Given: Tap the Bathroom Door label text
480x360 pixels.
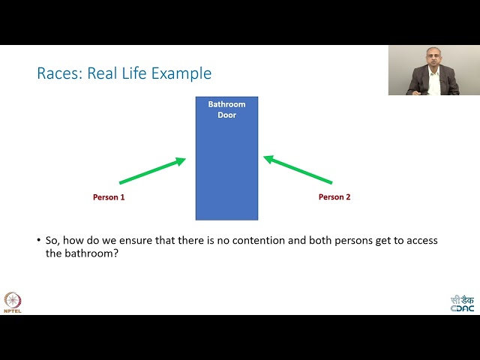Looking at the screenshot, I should coord(226,109).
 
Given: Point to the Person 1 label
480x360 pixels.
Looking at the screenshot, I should coord(109,197).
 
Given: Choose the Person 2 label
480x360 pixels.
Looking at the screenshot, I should coord(334,197).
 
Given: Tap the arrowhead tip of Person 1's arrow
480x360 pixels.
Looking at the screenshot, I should coord(184,159).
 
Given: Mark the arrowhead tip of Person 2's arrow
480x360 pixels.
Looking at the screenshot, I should coord(265,157).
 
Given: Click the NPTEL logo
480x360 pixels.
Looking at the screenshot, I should coord(13,301).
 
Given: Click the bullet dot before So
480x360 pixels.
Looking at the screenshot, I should coord(39,241).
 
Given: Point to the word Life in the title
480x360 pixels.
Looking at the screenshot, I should coord(139,73).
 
